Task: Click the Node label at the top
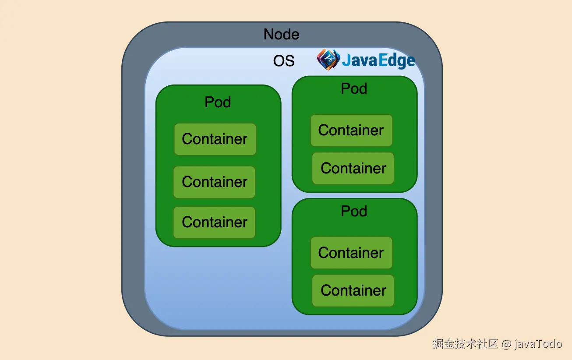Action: coord(281,34)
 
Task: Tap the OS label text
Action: coord(284,61)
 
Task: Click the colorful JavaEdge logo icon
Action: coord(328,60)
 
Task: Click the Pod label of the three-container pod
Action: coord(218,102)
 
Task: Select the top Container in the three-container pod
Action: coord(215,139)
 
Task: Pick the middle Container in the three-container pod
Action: coord(215,182)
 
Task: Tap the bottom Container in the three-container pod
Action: coord(215,222)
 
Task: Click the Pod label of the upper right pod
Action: coord(354,88)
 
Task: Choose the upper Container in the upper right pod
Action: coord(351,130)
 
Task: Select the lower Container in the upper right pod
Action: coord(353,168)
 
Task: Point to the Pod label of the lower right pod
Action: coord(354,211)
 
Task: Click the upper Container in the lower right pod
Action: coord(351,253)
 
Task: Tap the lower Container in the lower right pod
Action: coord(353,290)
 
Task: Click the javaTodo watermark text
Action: coord(538,344)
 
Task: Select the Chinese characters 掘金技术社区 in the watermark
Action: coord(465,344)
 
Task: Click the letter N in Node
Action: coord(268,34)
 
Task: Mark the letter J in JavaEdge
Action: coord(346,60)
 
